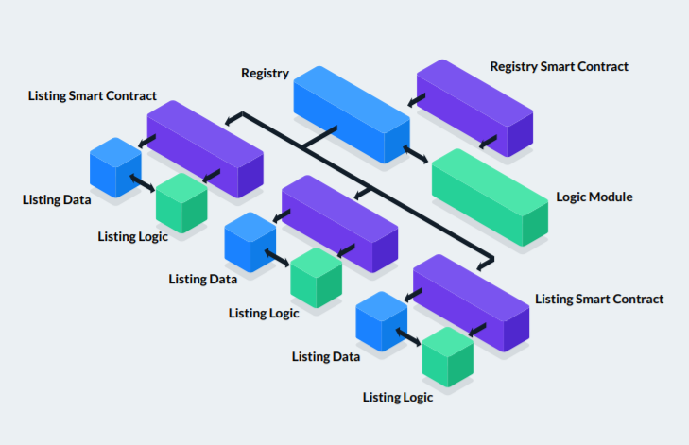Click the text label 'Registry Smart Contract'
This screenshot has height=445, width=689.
click(x=559, y=67)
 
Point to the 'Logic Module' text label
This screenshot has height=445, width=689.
click(x=594, y=197)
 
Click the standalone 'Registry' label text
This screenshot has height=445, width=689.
click(x=265, y=73)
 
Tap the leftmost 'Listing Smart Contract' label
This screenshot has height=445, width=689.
click(x=93, y=96)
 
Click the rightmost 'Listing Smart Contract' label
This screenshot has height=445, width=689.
click(x=599, y=300)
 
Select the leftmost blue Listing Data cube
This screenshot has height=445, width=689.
click(x=115, y=166)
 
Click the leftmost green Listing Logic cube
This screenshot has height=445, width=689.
click(x=181, y=200)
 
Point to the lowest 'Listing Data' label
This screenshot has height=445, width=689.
click(x=326, y=357)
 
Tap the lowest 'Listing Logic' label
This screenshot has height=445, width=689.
click(x=398, y=398)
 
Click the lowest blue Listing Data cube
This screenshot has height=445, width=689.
click(x=381, y=321)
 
